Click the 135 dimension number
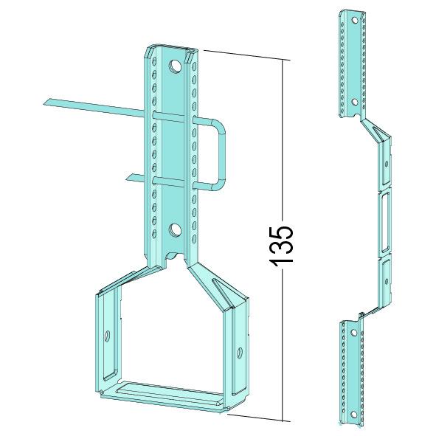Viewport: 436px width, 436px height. click(281, 245)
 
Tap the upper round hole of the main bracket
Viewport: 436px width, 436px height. click(175, 66)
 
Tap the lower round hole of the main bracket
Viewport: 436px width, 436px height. click(175, 230)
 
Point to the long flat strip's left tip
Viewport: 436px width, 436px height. click(44, 104)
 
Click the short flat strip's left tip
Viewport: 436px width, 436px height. click(126, 179)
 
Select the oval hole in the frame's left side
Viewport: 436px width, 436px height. click(106, 336)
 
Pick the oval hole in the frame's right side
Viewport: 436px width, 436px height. click(240, 353)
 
